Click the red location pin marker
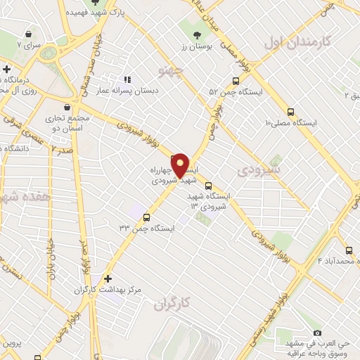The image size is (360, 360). [180, 165]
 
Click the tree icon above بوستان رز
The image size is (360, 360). [195, 33]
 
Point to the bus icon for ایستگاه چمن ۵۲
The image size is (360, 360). [236, 80]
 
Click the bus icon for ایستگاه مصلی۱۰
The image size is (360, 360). [290, 110]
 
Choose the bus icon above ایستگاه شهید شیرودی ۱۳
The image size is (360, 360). [198, 186]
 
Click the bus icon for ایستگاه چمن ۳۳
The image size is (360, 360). [146, 217]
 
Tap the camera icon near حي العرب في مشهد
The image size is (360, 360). [317, 332]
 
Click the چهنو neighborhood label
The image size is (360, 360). [172, 72]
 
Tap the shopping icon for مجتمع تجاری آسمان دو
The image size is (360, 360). [67, 108]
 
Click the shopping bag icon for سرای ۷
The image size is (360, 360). [27, 34]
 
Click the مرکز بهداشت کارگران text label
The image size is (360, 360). [108, 290]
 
